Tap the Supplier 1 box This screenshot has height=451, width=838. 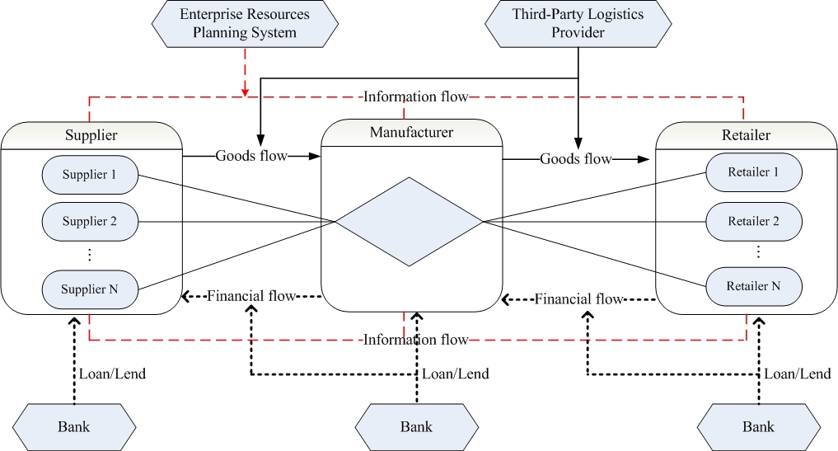pyautogui.click(x=90, y=174)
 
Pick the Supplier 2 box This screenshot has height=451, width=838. pyautogui.click(x=90, y=222)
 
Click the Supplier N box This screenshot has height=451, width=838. pyautogui.click(x=90, y=289)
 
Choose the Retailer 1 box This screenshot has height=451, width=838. pyautogui.click(x=754, y=172)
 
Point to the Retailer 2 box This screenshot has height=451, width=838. pyautogui.click(x=754, y=221)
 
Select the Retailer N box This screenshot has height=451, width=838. pyautogui.click(x=754, y=286)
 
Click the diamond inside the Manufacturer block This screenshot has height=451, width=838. pyautogui.click(x=409, y=221)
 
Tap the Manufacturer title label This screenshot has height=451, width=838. pyautogui.click(x=411, y=131)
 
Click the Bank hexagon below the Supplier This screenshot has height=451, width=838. pyautogui.click(x=73, y=426)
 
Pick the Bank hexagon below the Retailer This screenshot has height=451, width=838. pyautogui.click(x=758, y=426)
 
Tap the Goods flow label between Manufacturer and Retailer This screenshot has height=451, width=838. pyautogui.click(x=576, y=158)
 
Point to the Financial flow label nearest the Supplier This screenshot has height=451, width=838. pyautogui.click(x=251, y=295)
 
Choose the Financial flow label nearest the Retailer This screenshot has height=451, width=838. pyautogui.click(x=579, y=298)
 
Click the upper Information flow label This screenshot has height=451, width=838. pyautogui.click(x=415, y=97)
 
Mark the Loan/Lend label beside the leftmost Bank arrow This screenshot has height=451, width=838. pyautogui.click(x=112, y=373)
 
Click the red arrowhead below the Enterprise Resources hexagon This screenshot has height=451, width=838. pyautogui.click(x=245, y=90)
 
